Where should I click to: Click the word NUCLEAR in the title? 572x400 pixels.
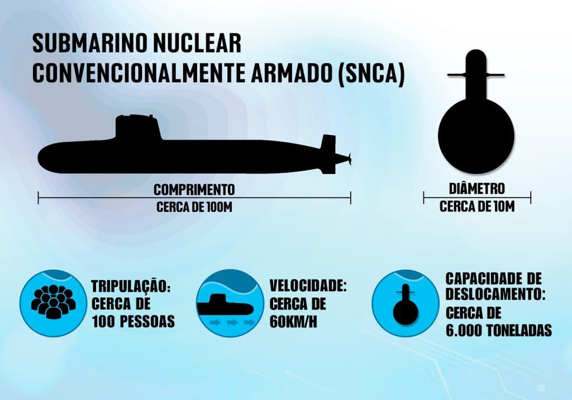(x=197, y=44)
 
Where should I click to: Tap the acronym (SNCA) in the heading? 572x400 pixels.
(x=371, y=73)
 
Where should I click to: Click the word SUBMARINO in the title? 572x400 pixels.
(x=90, y=44)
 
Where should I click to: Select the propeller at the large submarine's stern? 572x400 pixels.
(x=349, y=158)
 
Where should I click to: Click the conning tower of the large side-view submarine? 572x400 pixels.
(x=138, y=127)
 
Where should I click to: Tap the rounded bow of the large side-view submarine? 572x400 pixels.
(x=47, y=158)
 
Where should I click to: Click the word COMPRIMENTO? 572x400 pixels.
(x=194, y=190)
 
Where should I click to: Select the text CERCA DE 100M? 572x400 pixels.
(x=194, y=207)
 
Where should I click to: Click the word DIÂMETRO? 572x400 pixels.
(x=477, y=189)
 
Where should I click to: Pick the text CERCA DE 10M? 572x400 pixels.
(x=477, y=206)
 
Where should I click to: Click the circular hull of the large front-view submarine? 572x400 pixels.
(x=476, y=134)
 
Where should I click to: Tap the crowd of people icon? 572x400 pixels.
(x=53, y=302)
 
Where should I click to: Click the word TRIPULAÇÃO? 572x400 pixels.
(x=131, y=286)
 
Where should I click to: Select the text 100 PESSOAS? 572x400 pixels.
(x=133, y=322)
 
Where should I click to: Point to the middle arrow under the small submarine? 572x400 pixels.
(x=233, y=322)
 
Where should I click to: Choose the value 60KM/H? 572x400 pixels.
(x=294, y=322)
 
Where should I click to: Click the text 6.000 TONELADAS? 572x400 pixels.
(x=499, y=330)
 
